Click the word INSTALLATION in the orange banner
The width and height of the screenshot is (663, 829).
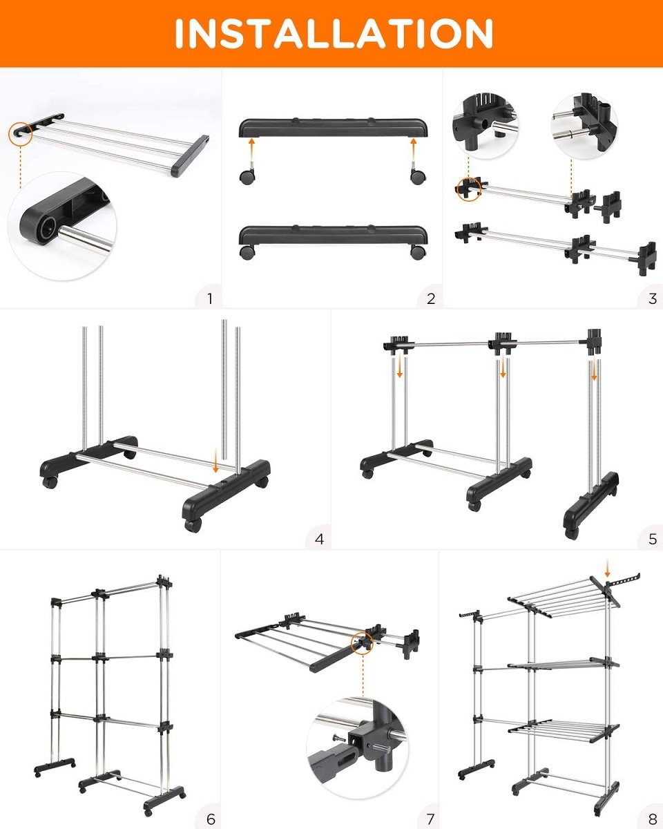(334, 33)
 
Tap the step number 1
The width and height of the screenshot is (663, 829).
(209, 298)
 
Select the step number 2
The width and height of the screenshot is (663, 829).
(431, 298)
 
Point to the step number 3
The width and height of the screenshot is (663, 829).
(652, 298)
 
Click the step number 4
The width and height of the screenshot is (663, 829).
(319, 539)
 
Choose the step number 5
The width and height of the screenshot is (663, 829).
(652, 539)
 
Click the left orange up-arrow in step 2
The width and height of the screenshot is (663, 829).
(251, 151)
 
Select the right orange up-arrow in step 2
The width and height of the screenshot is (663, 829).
(414, 151)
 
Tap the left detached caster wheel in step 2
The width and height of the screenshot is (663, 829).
(247, 175)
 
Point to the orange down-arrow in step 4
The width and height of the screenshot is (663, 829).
(215, 459)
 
